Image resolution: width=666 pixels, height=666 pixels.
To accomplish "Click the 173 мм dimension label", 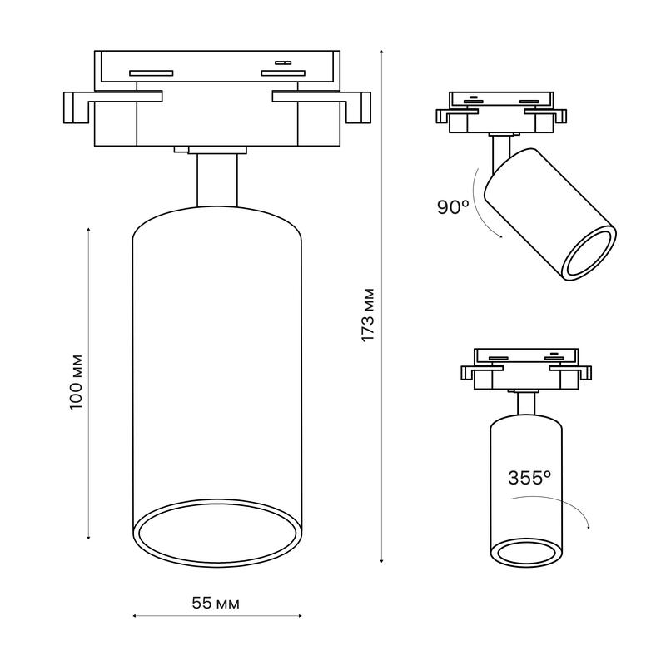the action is click(x=368, y=315).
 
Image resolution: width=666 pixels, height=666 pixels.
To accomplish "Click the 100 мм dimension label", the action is click(x=76, y=382).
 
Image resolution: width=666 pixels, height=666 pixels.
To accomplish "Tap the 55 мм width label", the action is click(x=216, y=603).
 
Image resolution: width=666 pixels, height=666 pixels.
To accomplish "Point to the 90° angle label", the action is click(x=453, y=206).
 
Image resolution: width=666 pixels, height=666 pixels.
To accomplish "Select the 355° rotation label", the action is click(x=529, y=478).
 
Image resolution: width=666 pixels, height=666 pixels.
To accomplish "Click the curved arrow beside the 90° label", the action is click(x=483, y=204).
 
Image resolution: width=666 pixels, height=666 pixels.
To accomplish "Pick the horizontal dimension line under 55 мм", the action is click(x=217, y=615).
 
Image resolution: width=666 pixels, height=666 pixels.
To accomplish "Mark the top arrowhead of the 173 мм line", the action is click(x=382, y=52).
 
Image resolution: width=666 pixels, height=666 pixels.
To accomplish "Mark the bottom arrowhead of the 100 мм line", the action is click(x=88, y=538).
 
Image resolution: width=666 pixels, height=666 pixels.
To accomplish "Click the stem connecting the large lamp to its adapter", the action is click(x=217, y=180).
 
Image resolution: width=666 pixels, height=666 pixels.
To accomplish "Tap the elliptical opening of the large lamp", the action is click(x=217, y=533).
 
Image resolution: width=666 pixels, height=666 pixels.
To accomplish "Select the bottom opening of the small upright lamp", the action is click(x=526, y=553).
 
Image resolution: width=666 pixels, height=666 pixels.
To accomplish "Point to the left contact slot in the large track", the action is click(x=152, y=72).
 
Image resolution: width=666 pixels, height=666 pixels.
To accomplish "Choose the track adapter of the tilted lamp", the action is click(x=501, y=112).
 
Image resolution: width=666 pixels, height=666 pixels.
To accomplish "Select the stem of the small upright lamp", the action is click(x=526, y=404).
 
